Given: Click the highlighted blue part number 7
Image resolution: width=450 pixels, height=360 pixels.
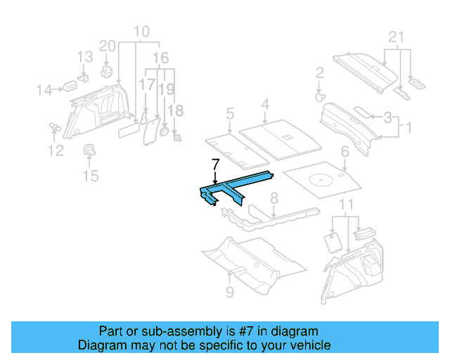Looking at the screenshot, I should (x=232, y=187).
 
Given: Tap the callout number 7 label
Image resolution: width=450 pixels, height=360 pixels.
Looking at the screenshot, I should (x=216, y=164).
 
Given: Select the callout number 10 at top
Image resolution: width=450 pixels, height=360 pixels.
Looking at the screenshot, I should (x=141, y=32).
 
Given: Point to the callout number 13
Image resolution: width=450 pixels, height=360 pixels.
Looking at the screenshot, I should (x=84, y=57).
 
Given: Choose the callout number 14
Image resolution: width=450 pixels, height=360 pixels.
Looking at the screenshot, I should (x=44, y=89).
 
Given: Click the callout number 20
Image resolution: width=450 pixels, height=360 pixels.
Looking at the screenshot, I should (x=107, y=46).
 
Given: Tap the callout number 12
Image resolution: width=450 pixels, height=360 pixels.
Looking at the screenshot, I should (x=56, y=150).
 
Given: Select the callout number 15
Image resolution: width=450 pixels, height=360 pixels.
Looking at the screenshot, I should (x=91, y=175).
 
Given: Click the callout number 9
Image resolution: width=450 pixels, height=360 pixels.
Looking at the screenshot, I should (x=230, y=291).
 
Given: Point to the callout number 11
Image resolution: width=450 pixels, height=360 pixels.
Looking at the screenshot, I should (x=345, y=205).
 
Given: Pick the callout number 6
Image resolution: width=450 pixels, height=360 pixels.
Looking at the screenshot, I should (x=345, y=151).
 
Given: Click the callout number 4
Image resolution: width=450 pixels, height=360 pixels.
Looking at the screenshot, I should (x=265, y=105).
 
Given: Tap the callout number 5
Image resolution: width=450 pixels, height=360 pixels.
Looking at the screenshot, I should (x=230, y=112).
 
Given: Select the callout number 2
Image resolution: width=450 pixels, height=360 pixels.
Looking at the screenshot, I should (x=319, y=72).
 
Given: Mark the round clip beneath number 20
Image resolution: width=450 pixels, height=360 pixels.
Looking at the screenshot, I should (x=108, y=70).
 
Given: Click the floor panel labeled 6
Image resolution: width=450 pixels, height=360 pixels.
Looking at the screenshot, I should (x=322, y=180).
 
